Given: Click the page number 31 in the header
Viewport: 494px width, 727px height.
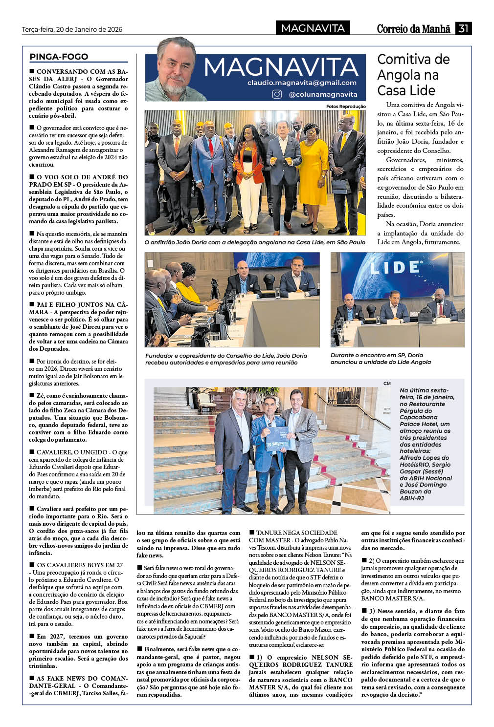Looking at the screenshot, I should (463, 28).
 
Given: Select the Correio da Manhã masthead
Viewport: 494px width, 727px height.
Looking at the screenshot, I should (413, 29).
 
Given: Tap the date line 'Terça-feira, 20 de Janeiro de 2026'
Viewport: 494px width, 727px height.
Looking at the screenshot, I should (72, 29).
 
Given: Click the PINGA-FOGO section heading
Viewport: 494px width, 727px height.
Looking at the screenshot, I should (59, 57).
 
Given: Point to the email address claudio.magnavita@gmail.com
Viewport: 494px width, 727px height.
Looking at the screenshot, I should (302, 83).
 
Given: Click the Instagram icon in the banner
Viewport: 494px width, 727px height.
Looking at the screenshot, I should (277, 94).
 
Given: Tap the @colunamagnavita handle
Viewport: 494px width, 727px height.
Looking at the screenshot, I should (323, 94).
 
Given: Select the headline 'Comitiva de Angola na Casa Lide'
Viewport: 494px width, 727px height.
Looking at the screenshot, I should (413, 75).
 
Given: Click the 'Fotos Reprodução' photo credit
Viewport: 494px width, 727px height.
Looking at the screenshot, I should (346, 107).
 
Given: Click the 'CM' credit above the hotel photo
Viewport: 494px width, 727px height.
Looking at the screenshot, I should (387, 384).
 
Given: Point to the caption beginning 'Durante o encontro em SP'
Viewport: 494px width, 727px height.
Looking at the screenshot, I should (381, 359).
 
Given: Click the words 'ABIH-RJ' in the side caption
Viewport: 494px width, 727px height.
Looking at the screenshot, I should (411, 498).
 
